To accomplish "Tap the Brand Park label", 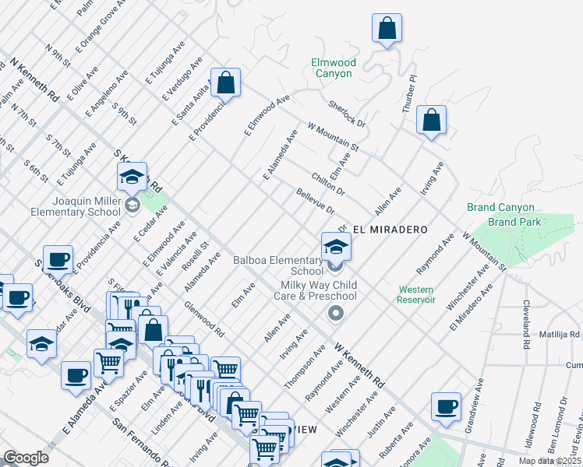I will (x=511, y=222).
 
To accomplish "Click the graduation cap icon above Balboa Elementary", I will (x=336, y=247).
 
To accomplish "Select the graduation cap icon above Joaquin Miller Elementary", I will (x=132, y=176).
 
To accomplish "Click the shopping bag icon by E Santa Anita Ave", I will (x=225, y=82).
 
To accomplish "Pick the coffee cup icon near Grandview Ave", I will (x=447, y=406).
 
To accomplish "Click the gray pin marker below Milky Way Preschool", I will (x=336, y=314).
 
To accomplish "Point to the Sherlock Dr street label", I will (x=347, y=114).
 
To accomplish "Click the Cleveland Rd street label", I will (x=527, y=318).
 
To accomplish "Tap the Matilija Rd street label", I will (x=564, y=335).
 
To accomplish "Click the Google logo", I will (x=26, y=458).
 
